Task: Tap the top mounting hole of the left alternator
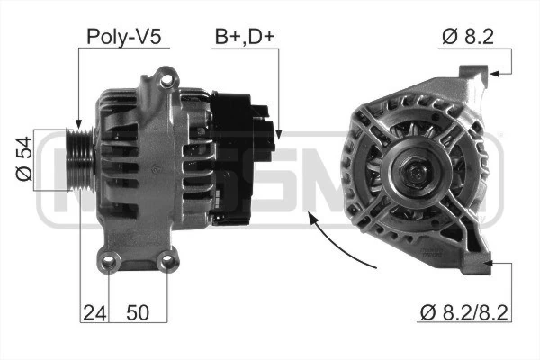coord(164,81)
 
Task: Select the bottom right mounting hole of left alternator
coord(165,263)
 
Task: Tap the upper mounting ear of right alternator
coord(472,76)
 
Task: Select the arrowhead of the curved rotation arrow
coord(310,216)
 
